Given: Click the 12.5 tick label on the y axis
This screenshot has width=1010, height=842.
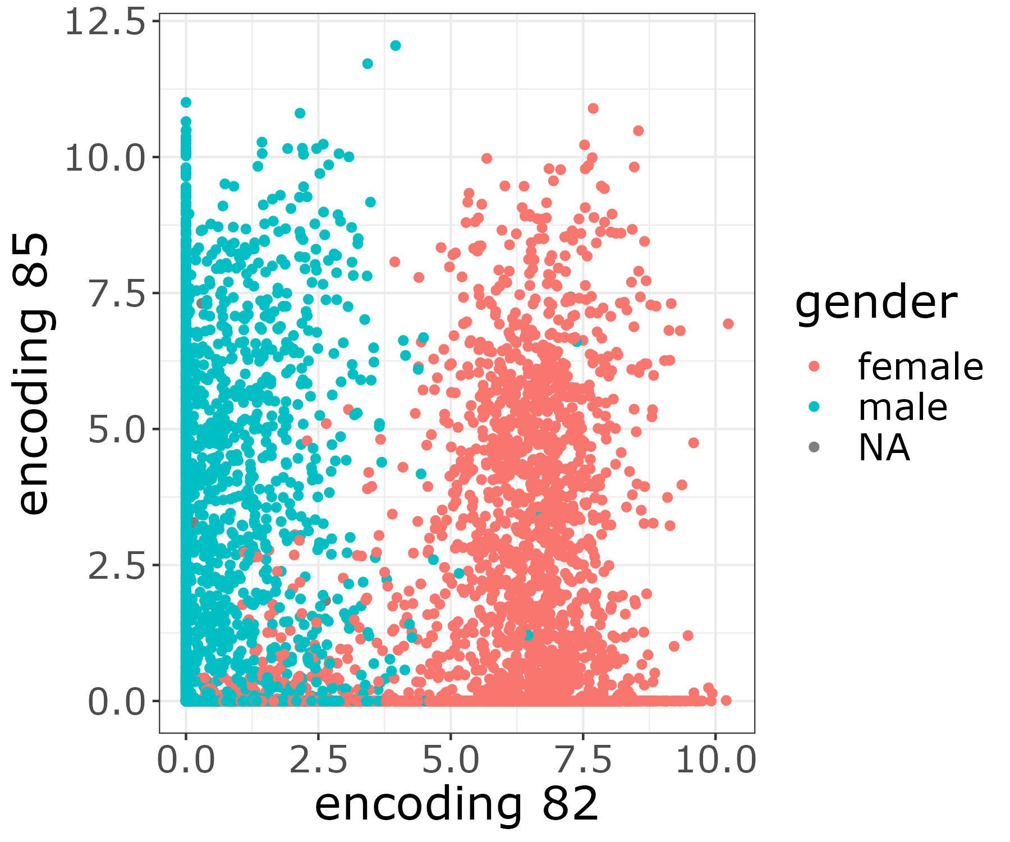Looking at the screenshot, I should coord(105,23).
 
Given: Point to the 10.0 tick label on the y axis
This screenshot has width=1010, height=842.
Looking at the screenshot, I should coord(105,158).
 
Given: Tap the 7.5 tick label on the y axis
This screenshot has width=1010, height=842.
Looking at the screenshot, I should coord(117,294).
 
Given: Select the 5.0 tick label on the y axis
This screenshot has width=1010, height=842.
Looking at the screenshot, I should coord(117,429).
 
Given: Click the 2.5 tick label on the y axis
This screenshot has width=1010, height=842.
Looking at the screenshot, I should coord(117,565).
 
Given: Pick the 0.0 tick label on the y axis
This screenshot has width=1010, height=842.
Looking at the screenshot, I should coord(117,702).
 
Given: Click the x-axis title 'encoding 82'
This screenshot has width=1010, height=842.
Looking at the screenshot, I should coord(457,805).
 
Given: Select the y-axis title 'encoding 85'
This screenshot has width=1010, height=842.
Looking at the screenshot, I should coord(35,373).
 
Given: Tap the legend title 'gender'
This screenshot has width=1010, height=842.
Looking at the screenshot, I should coord(876,303).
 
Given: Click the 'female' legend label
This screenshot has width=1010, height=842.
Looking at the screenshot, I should coord(920,367).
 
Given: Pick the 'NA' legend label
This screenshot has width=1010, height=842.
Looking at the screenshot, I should coord(884,448).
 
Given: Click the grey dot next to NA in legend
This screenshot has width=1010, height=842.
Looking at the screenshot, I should coord(814,447).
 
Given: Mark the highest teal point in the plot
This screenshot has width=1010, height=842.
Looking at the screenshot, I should coord(396,45).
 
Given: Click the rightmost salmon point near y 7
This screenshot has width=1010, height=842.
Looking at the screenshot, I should coord(728,324).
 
